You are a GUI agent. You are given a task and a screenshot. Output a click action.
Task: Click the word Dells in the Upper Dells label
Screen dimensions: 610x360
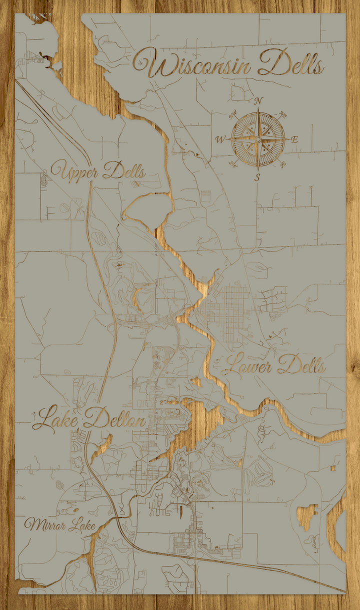pos(124,172)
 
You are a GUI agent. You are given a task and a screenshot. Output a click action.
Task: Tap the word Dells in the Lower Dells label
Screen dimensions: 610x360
pos(301,365)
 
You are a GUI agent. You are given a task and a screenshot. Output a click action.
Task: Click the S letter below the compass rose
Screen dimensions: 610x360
pos(257,177)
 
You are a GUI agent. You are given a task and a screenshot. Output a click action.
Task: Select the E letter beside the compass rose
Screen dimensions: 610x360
pos(294,139)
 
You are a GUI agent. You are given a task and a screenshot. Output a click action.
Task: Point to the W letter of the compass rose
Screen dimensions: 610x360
pos(220,139)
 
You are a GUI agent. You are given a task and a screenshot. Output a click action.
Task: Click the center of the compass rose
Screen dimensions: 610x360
pos(258,138)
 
